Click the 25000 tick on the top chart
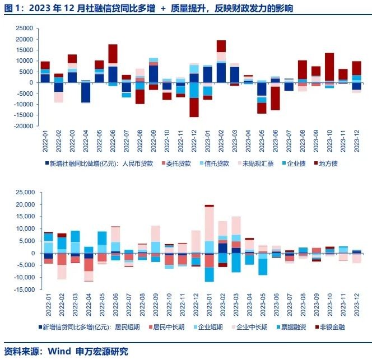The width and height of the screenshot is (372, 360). tap(24, 28)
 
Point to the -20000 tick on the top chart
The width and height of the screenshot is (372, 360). tap(22, 127)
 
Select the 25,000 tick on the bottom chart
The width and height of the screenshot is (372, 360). tap(23, 192)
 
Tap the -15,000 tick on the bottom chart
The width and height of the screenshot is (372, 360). tap(22, 289)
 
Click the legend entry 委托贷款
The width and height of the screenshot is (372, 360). tap(178, 163)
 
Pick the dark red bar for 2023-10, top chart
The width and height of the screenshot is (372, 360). tap(329, 67)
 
